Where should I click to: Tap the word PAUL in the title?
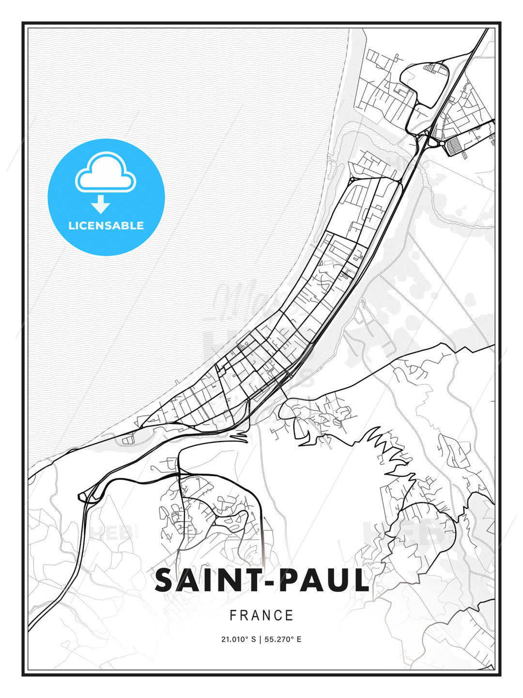click(323, 581)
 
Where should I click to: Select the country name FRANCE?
click(261, 616)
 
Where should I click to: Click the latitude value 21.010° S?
click(238, 639)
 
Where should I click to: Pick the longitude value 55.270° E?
click(283, 639)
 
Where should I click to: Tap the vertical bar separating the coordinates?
click(260, 639)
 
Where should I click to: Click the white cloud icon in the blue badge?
click(106, 174)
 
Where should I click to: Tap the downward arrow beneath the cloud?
click(101, 205)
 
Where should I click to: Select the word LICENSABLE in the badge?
click(106, 225)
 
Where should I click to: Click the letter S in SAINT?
click(166, 581)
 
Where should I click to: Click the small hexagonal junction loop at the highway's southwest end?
click(85, 496)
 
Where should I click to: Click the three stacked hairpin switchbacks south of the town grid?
click(238, 438)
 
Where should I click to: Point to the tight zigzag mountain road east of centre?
click(387, 448)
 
